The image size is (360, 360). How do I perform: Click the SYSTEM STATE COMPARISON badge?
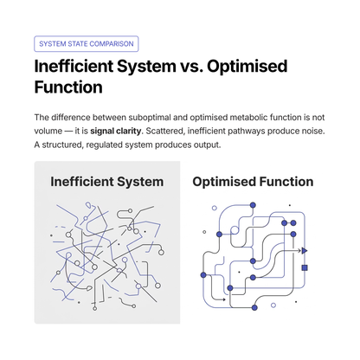pyautogui.click(x=87, y=44)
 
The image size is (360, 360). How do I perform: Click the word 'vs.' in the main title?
pyautogui.click(x=191, y=66)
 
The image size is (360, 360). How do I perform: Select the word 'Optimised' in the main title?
pyautogui.click(x=247, y=67)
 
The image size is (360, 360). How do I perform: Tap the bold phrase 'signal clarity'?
pyautogui.click(x=115, y=132)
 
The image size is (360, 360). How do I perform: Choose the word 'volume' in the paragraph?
pyautogui.click(x=48, y=131)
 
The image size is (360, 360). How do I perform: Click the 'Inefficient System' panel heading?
pyautogui.click(x=107, y=182)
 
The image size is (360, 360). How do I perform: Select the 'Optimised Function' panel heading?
pyautogui.click(x=253, y=182)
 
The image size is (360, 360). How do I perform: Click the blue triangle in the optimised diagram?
pyautogui.click(x=304, y=251)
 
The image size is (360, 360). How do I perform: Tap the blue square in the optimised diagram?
pyautogui.click(x=305, y=267)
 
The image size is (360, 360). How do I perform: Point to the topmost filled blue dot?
pyautogui.click(x=253, y=205)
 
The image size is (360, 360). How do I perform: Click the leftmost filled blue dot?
pyautogui.click(x=203, y=275)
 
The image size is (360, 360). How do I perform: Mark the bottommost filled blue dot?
pyautogui.click(x=254, y=307)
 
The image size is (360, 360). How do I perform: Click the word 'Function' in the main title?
pyautogui.click(x=68, y=87)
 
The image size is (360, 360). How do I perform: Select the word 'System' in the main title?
pyautogui.click(x=146, y=67)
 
